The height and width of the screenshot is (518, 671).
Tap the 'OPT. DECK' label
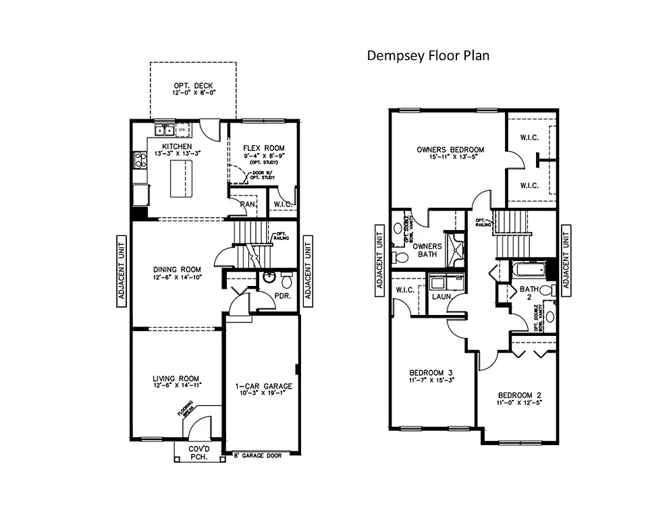[193, 86]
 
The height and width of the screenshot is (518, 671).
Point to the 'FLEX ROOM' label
[263, 148]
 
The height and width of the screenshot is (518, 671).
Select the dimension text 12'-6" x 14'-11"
[176, 387]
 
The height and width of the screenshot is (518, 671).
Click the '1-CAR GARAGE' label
[263, 386]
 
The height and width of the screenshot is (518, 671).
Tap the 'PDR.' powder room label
[281, 295]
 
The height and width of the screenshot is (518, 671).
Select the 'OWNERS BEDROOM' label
[450, 150]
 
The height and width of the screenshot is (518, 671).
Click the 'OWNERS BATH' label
[427, 250]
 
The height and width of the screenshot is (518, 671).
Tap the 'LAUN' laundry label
[441, 296]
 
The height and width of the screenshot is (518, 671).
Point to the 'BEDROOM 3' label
[431, 373]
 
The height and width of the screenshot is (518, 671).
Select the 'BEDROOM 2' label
[520, 395]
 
